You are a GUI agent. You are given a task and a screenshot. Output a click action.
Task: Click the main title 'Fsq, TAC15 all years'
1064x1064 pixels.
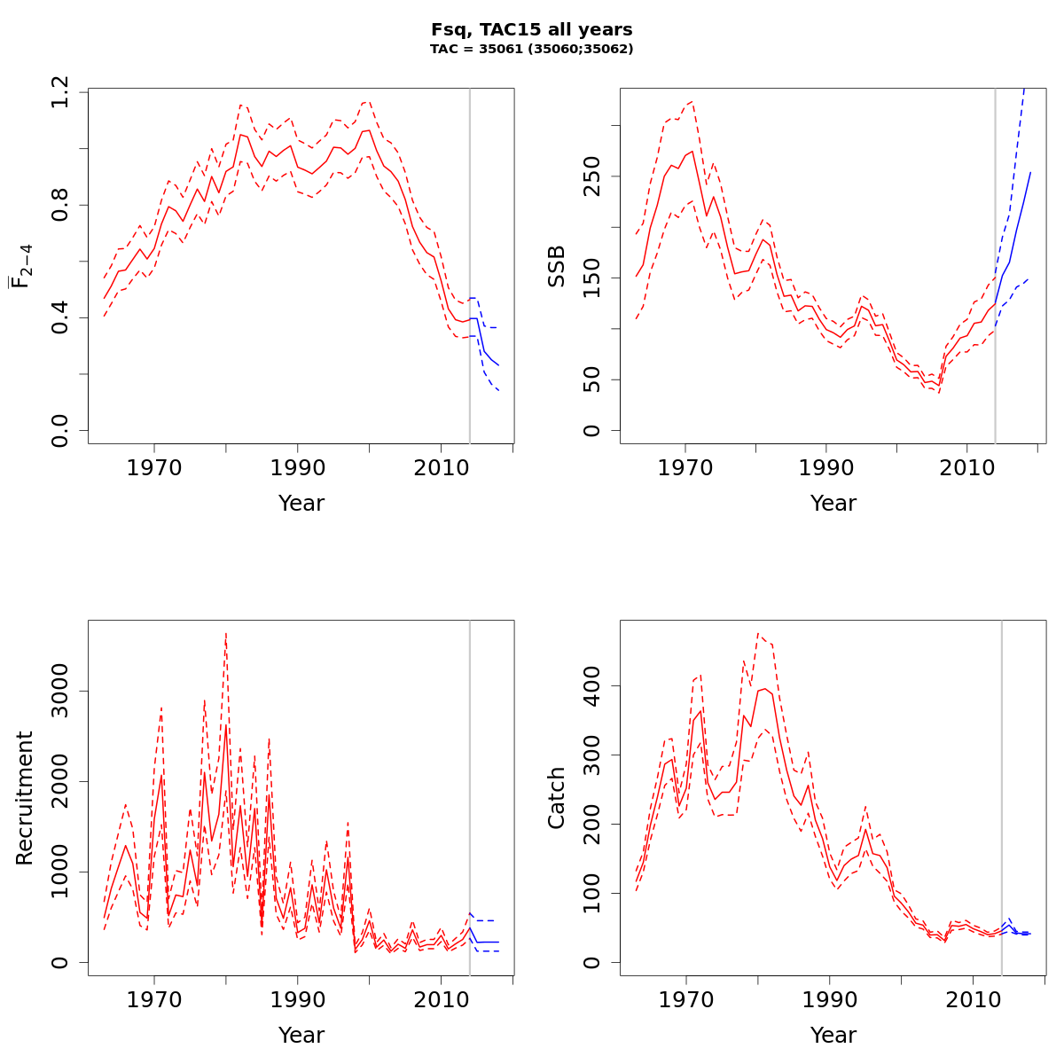(531, 30)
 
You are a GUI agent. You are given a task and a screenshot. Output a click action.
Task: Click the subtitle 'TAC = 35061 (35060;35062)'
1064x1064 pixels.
(531, 50)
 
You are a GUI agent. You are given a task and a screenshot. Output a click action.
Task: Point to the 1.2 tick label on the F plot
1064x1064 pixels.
(61, 92)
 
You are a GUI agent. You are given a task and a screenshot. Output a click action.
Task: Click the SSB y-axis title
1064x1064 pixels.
(557, 266)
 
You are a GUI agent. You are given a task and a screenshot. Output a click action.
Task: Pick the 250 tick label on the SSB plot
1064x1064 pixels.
(593, 175)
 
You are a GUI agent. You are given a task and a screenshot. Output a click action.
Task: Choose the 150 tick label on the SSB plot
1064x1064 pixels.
(593, 278)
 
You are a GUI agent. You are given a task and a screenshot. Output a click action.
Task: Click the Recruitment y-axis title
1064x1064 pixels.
(25, 798)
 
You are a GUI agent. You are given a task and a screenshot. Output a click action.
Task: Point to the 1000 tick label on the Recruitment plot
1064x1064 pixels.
(61, 872)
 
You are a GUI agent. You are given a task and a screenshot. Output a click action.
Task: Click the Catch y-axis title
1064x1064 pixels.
(557, 798)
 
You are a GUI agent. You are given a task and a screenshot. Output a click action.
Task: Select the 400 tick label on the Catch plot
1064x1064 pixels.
(593, 685)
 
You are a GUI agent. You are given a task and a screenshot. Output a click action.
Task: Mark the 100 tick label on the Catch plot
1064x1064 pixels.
(593, 893)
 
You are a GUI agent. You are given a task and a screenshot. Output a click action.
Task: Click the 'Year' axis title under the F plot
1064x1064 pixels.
(301, 504)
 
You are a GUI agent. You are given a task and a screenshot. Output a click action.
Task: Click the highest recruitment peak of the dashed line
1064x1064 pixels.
(226, 633)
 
